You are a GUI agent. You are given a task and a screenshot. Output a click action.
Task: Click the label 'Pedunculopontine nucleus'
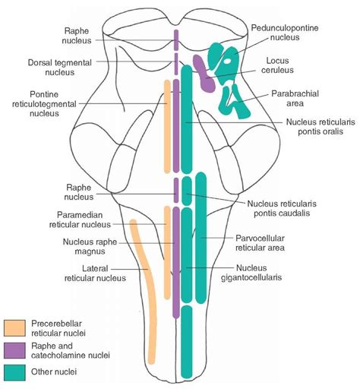coord(285,31)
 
